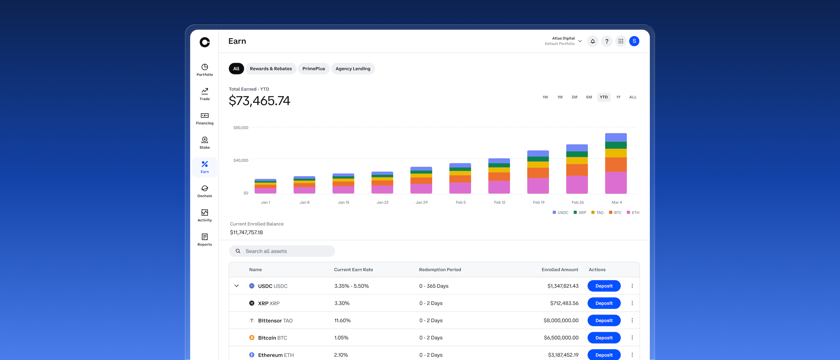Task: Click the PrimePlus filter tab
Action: (x=313, y=69)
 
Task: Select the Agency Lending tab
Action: (x=353, y=69)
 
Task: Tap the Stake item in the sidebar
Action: (x=205, y=143)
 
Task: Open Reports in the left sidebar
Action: (x=205, y=240)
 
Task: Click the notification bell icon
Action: (x=593, y=41)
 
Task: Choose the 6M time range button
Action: (x=589, y=97)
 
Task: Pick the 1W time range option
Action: (x=545, y=97)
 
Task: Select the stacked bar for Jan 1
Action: (x=265, y=186)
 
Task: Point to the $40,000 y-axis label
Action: (x=241, y=160)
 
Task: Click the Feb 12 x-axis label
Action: (x=500, y=202)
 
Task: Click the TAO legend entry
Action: (x=597, y=212)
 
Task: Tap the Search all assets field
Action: (x=282, y=251)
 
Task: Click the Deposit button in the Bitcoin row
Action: (x=604, y=337)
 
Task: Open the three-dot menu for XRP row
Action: (x=632, y=303)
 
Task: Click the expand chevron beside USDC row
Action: (x=237, y=286)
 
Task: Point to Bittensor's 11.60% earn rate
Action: (x=342, y=320)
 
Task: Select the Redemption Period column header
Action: (x=440, y=270)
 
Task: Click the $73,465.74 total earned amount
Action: (x=259, y=101)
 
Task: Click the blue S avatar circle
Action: (x=634, y=41)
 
